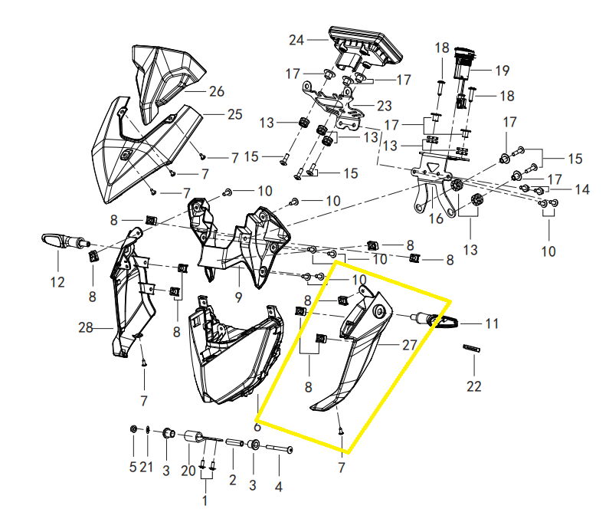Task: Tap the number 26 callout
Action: click(x=216, y=91)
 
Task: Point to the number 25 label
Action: click(x=234, y=114)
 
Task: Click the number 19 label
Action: click(x=502, y=71)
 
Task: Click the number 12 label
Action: click(x=58, y=282)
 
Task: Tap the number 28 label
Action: click(x=85, y=328)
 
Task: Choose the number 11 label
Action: click(x=492, y=324)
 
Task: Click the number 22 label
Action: click(x=474, y=386)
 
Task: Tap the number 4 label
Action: click(x=278, y=487)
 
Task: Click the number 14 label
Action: click(x=582, y=189)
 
